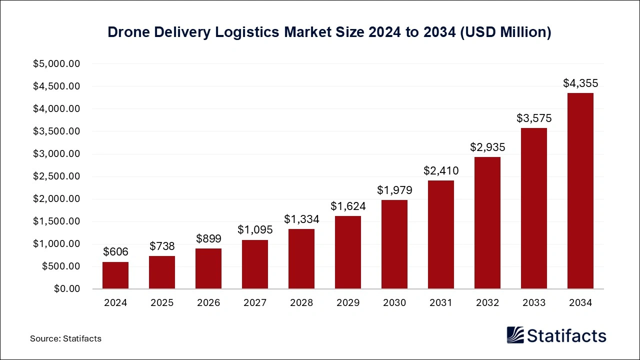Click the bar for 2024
(x=115, y=275)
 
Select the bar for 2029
(x=348, y=252)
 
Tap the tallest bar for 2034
(x=580, y=191)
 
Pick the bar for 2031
(x=441, y=235)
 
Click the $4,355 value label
(x=580, y=83)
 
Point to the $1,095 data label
(x=255, y=230)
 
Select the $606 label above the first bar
(x=115, y=252)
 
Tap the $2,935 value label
(x=487, y=147)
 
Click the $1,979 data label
(x=394, y=190)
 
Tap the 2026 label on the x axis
(x=208, y=303)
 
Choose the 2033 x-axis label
(x=534, y=303)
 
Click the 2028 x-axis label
(x=301, y=303)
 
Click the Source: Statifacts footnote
(x=65, y=338)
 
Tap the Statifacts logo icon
(x=515, y=335)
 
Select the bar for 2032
(x=487, y=223)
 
